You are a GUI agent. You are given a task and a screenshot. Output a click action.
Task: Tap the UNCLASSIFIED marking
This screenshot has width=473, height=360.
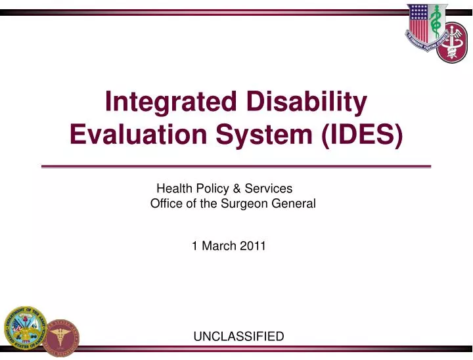click(238, 336)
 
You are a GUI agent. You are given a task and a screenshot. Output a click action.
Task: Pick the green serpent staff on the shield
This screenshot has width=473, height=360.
click(434, 26)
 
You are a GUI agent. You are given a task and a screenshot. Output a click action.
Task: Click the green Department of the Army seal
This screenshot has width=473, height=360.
click(24, 329)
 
